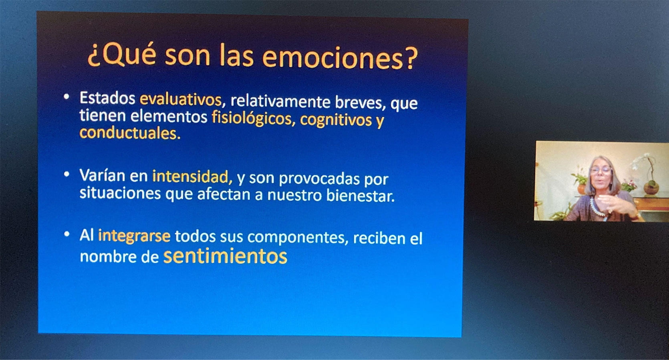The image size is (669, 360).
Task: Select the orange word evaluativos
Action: (x=181, y=99)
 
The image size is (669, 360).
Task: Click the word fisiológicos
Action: (x=252, y=118)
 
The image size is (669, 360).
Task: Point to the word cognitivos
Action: (x=336, y=120)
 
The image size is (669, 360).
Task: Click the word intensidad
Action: (x=191, y=176)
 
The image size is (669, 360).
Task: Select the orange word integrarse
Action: (x=134, y=236)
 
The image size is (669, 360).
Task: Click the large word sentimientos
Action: (x=225, y=256)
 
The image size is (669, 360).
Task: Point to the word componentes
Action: (x=296, y=237)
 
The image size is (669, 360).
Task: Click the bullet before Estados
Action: (x=66, y=96)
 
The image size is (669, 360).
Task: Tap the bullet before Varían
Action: (x=66, y=174)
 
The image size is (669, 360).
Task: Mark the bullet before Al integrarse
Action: (x=66, y=234)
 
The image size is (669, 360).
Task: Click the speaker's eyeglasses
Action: (x=600, y=170)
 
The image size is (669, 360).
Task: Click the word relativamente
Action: (x=280, y=101)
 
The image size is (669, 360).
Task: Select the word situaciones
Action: (x=120, y=193)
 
